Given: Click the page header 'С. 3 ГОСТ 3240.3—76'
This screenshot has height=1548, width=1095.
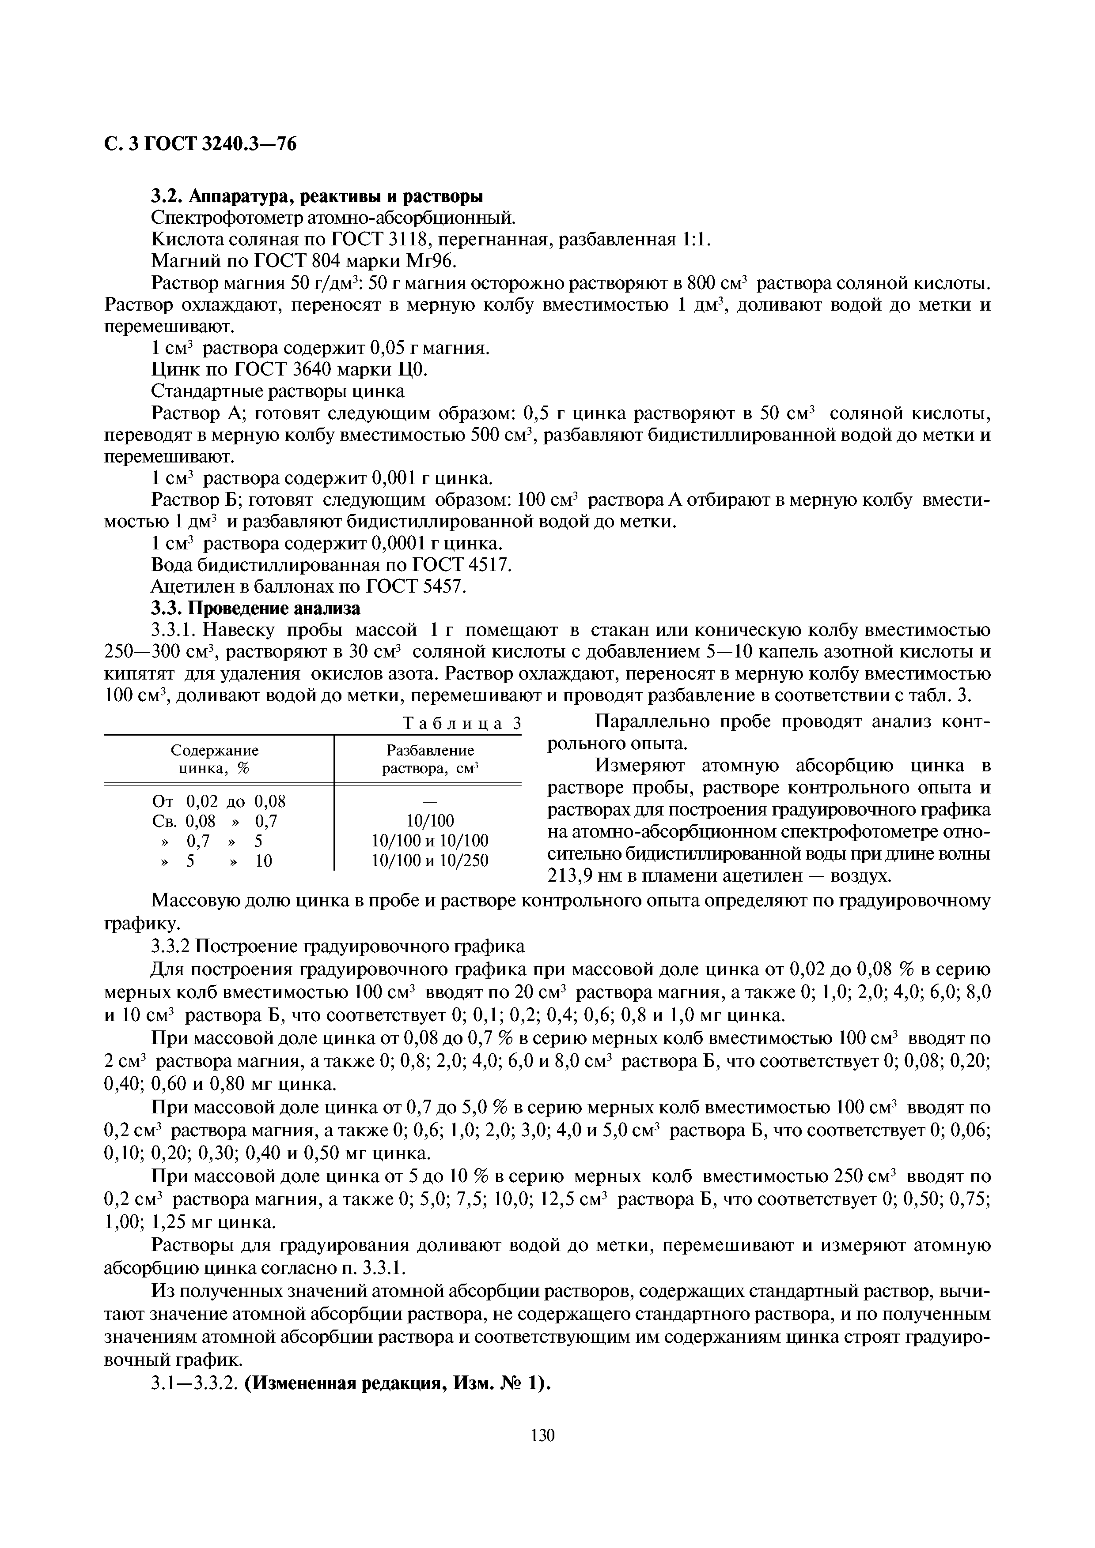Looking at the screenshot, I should (201, 144).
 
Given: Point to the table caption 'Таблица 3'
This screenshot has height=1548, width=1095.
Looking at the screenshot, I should (462, 723).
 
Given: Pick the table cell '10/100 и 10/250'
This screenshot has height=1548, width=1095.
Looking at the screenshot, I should (430, 861).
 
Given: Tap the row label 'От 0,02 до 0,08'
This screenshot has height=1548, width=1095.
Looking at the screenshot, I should (219, 801).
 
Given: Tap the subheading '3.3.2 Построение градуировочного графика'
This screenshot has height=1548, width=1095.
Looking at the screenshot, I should (337, 947).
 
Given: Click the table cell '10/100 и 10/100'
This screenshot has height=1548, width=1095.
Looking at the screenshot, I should (430, 841).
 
